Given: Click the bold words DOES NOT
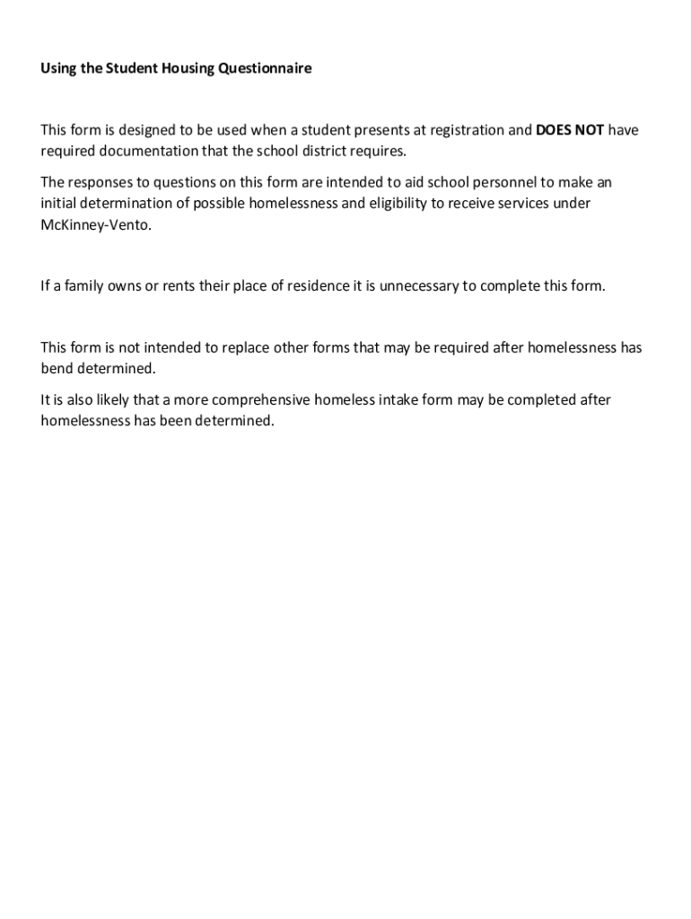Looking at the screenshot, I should click(570, 130).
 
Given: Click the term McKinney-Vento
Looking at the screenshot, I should click(96, 224).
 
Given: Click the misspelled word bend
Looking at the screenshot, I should click(57, 369).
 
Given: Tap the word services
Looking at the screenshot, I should click(520, 203).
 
